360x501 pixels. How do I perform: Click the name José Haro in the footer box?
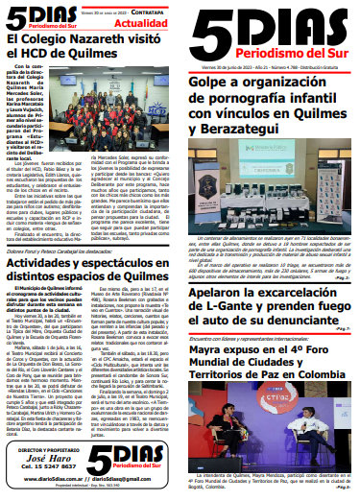tap(40, 459)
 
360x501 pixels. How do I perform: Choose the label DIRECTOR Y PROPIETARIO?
tap(40, 449)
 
